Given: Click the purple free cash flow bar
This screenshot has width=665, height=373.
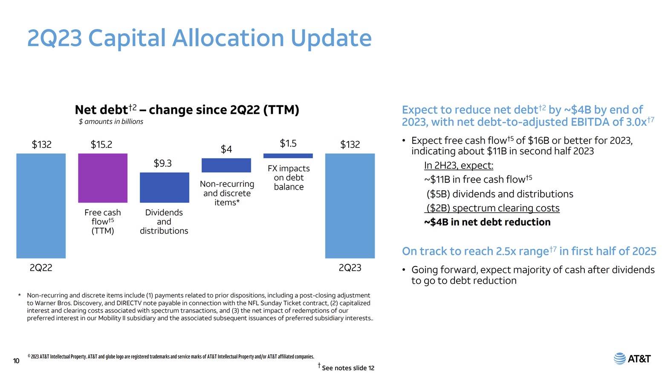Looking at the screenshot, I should click(103, 178).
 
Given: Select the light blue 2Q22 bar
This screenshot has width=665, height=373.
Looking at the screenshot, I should click(41, 205).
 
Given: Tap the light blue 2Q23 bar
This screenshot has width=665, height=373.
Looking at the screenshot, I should click(350, 205).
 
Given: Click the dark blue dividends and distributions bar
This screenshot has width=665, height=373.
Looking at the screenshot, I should click(164, 187).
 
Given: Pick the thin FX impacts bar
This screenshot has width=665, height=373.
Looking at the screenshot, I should click(288, 156).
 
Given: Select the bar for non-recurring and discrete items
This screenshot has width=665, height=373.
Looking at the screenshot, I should click(226, 165).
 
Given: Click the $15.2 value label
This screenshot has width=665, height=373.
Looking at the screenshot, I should click(101, 145).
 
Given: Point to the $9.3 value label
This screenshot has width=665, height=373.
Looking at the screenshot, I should click(162, 163).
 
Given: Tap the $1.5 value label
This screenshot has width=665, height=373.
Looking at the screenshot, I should click(288, 143).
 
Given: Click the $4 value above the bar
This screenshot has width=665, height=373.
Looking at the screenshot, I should click(226, 149).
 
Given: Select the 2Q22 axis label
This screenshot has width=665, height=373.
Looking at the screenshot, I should click(41, 268).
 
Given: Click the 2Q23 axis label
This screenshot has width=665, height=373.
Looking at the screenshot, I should click(350, 268).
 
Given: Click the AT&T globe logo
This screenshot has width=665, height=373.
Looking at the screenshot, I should click(619, 359).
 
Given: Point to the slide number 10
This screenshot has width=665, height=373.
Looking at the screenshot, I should click(16, 361).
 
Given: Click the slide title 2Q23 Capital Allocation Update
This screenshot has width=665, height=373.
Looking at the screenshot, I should click(199, 38).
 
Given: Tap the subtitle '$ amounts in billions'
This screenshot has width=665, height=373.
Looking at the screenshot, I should click(111, 121).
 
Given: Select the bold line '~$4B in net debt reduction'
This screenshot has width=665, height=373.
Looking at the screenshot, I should click(487, 222).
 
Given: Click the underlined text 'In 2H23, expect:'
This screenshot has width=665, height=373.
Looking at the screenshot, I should click(458, 165).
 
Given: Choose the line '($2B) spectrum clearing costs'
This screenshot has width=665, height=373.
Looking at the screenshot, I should click(493, 208).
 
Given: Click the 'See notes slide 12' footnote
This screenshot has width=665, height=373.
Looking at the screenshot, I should click(347, 368).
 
